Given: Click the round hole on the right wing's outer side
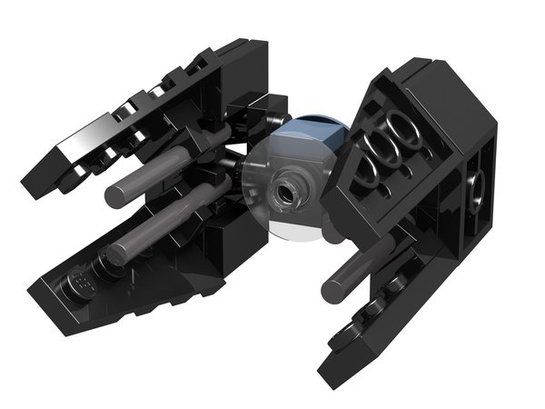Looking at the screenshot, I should click(474, 190).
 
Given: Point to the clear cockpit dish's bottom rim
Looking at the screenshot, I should click(291, 238).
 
